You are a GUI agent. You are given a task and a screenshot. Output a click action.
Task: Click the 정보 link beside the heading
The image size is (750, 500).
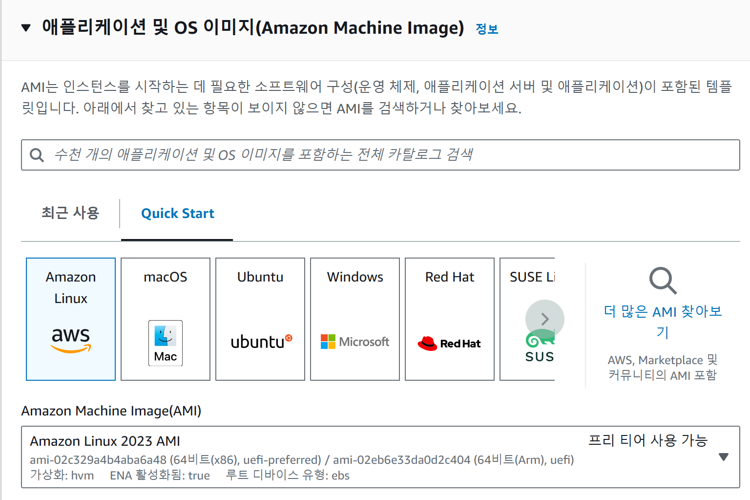486,29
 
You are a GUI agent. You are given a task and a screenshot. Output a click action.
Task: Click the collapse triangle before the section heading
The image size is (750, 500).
26,28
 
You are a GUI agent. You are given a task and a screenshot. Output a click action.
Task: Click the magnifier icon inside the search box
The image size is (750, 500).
37,155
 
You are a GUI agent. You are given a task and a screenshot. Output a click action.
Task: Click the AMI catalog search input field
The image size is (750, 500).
381,155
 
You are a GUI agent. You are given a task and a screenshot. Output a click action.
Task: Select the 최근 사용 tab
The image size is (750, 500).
70,213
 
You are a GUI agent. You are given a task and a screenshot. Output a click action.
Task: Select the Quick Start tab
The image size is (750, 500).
177,214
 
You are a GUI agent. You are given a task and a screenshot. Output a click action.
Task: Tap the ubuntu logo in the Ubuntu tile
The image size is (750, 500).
261,342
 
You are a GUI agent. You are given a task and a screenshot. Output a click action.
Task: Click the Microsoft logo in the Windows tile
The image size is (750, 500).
355,342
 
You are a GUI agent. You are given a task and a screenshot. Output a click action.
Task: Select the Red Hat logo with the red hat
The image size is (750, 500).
449,343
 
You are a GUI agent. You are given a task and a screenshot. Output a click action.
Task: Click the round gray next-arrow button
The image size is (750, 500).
544,319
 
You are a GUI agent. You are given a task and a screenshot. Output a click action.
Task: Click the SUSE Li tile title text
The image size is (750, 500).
532,277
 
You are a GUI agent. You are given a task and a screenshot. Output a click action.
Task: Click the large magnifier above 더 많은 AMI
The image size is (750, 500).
663,281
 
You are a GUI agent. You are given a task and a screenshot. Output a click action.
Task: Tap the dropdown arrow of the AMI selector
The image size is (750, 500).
724,457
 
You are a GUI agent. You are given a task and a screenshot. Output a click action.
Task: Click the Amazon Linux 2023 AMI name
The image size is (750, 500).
105,441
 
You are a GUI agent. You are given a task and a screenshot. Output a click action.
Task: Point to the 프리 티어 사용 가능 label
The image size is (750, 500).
647,440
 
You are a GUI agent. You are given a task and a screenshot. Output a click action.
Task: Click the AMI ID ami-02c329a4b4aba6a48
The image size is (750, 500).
98,460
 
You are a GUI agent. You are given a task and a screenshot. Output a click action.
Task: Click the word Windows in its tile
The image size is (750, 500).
355,277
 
